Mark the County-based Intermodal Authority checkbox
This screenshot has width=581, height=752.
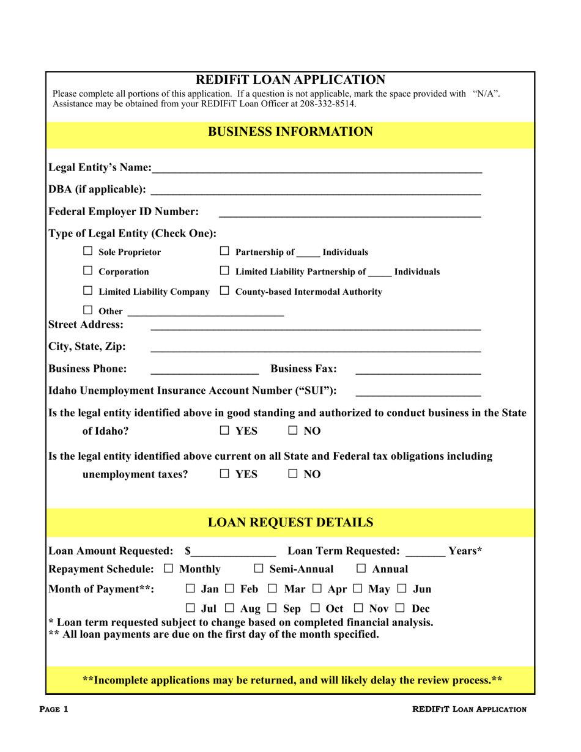224,291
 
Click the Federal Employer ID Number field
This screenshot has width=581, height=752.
349,211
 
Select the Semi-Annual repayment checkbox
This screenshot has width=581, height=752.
259,569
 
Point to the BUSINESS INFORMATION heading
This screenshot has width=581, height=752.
290,131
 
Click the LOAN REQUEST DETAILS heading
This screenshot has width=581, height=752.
290,522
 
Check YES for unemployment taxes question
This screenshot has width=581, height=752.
224,474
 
